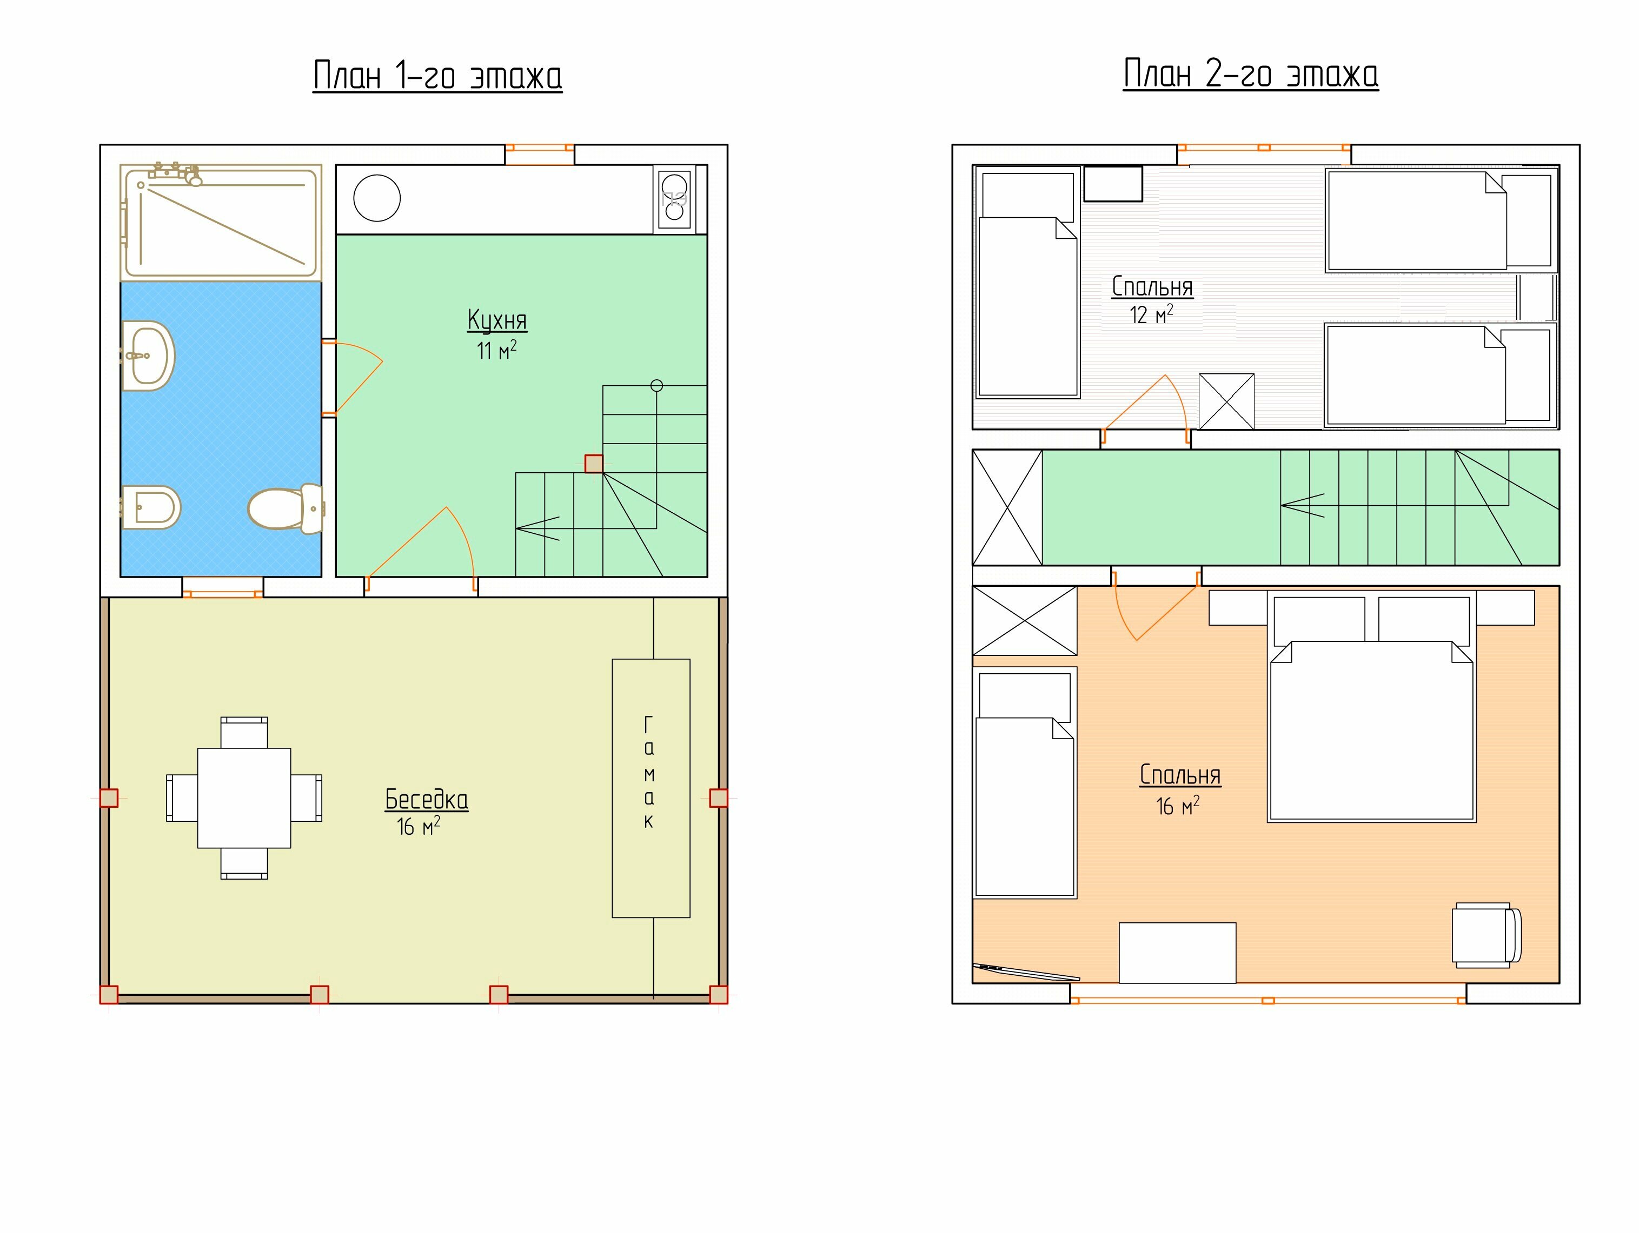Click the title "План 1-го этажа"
point(437,76)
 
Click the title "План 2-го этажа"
point(1251,74)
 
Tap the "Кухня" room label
point(497,320)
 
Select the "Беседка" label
point(427,799)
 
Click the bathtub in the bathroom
point(221,222)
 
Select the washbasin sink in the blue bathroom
point(148,356)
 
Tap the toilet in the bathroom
point(286,508)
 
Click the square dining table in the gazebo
point(244,798)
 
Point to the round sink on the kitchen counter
point(377,198)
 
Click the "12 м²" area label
point(1151,314)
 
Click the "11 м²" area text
point(496,350)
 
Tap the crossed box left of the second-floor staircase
point(1007,507)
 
